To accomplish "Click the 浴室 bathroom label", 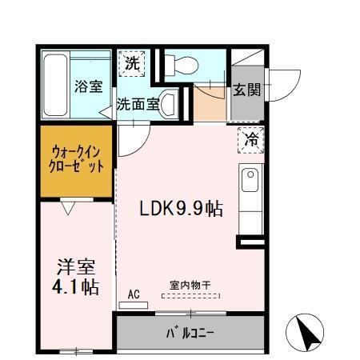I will point(90,86).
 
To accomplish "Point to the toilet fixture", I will point(180,66).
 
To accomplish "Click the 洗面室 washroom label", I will point(136,103).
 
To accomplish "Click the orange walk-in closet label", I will point(77,159).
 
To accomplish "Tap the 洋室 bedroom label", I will point(76,266).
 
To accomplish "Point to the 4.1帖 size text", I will point(76,286).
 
